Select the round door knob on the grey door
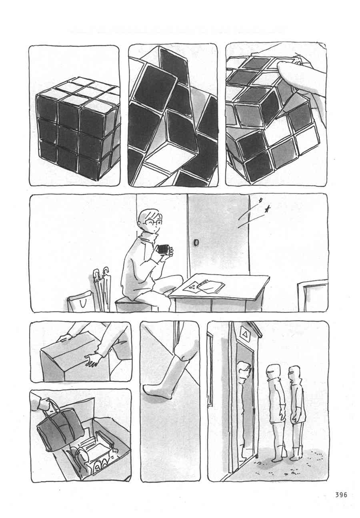point(196,243)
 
